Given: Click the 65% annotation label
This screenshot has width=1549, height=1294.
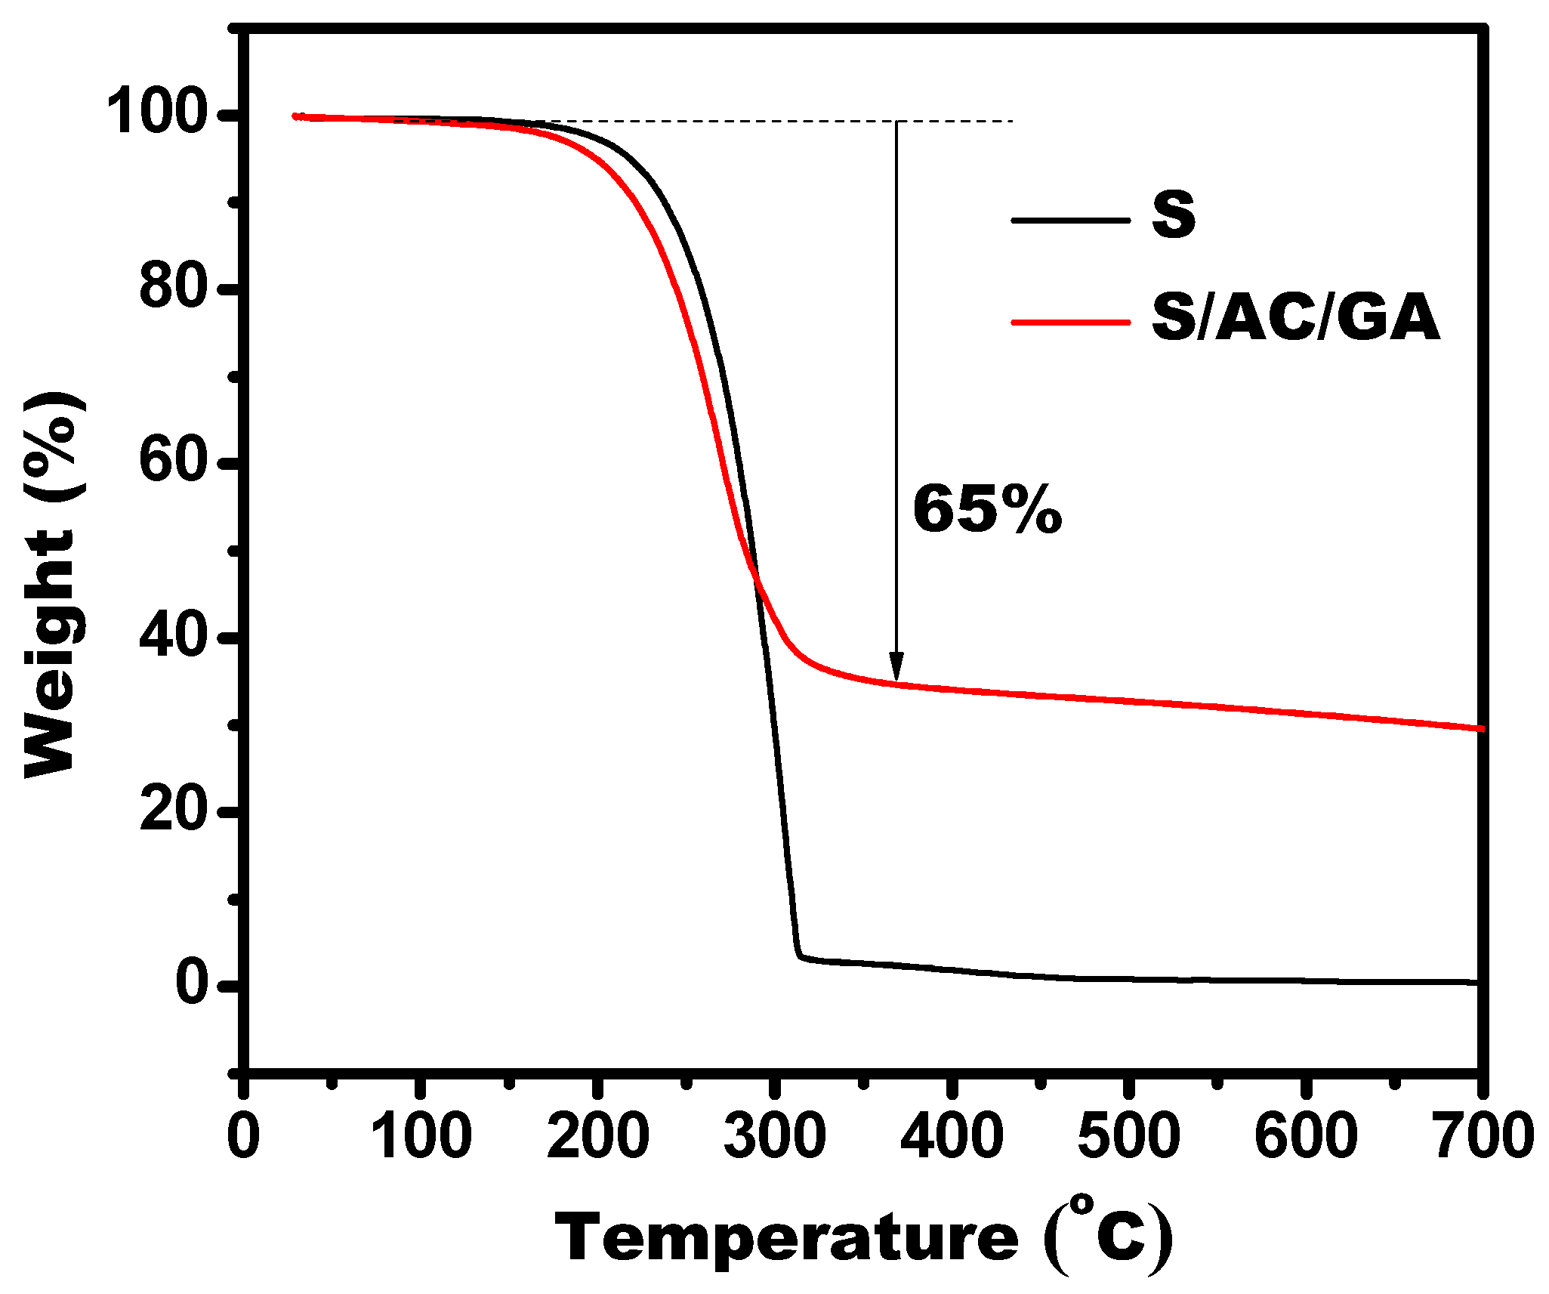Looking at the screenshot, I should pyautogui.click(x=987, y=510).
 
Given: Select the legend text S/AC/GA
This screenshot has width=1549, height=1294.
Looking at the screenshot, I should pyautogui.click(x=1295, y=318).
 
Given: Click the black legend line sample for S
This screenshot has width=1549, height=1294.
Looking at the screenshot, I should pyautogui.click(x=1070, y=221).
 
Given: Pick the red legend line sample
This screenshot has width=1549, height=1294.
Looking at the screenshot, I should pyautogui.click(x=1070, y=322).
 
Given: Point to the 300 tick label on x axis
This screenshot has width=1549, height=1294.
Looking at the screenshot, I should pyautogui.click(x=775, y=1135).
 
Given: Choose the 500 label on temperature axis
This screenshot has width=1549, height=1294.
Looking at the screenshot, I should pyautogui.click(x=1128, y=1135).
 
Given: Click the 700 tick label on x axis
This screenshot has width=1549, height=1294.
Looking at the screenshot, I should pyautogui.click(x=1482, y=1135).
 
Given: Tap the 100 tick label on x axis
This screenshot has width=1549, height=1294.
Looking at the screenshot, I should pyautogui.click(x=421, y=1135).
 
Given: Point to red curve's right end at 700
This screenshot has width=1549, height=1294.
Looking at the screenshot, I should pyautogui.click(x=1480, y=728).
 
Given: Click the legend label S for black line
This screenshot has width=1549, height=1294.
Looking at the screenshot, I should pyautogui.click(x=1173, y=215).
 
